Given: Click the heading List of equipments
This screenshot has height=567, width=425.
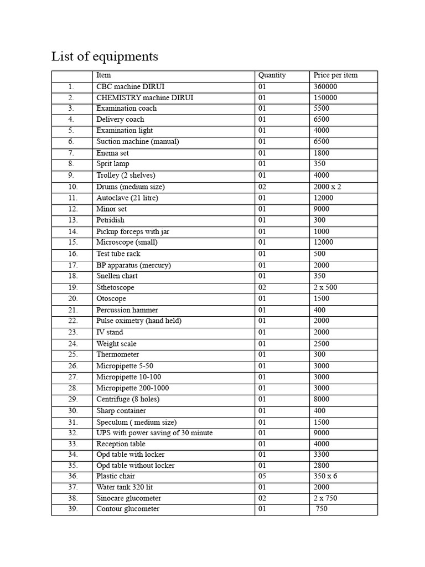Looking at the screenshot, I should (105, 56).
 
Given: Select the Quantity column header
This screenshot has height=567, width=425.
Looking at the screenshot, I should (272, 75).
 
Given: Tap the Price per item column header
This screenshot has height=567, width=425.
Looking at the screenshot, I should (335, 75).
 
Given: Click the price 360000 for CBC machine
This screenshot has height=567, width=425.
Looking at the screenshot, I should (325, 87).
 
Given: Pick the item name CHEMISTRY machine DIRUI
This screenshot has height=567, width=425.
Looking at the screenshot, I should (145, 98).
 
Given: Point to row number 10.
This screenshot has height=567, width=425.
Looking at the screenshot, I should (72, 187).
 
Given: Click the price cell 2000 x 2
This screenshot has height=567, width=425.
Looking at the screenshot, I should (327, 187).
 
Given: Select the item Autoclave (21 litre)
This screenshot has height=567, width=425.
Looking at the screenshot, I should (127, 198).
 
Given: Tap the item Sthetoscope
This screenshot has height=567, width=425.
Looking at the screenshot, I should (115, 288).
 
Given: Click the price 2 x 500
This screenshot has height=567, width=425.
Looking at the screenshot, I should (325, 288).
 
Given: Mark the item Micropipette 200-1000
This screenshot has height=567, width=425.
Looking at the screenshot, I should (133, 388).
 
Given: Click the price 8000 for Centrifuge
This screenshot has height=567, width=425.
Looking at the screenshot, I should (321, 399).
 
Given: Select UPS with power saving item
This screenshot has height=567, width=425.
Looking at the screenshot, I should (154, 433).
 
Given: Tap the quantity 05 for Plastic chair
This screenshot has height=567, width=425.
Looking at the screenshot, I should (262, 476).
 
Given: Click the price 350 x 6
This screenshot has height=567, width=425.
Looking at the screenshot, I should (325, 476).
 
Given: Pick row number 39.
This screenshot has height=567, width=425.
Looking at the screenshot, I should (72, 509).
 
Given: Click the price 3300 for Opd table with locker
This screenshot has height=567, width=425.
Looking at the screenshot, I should (321, 455).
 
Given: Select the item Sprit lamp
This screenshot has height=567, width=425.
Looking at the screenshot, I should (113, 164).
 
